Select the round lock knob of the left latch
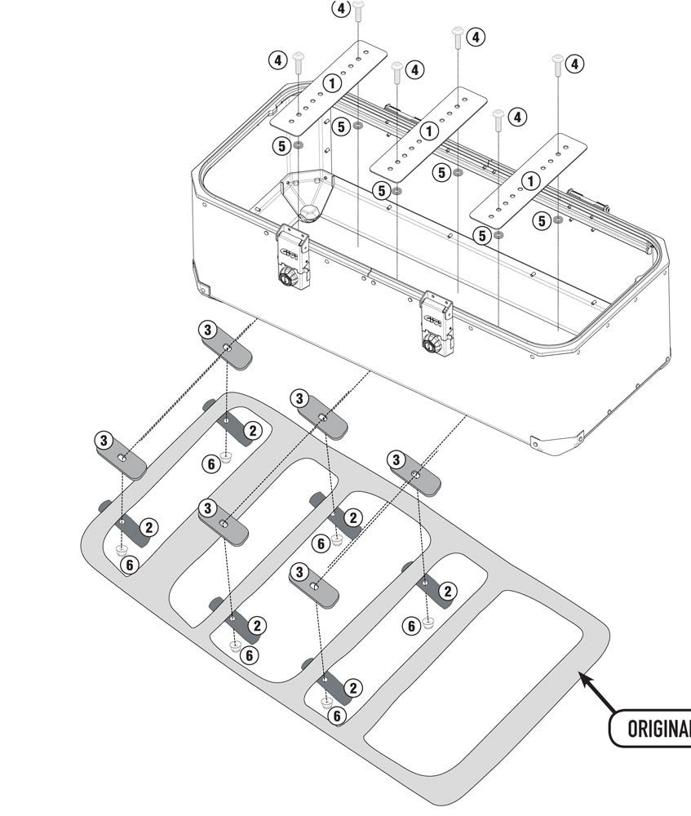tap(288, 280)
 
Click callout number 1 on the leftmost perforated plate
tap(331, 82)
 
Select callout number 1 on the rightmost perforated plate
tap(530, 181)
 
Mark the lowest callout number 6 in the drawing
tap(337, 716)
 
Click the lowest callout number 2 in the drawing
tap(352, 688)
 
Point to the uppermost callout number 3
tap(208, 330)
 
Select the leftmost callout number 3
tap(104, 440)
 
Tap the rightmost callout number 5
tap(541, 220)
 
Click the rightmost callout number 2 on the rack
tap(447, 590)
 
